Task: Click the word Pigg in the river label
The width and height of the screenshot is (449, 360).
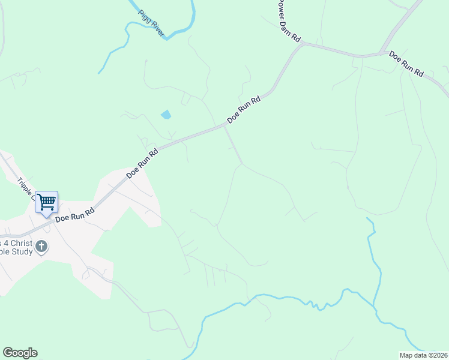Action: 144,15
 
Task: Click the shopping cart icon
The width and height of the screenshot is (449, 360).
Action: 46,202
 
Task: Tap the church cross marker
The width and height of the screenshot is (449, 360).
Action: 41,247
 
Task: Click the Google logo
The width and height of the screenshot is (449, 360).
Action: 20,353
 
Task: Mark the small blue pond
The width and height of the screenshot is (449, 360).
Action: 166,114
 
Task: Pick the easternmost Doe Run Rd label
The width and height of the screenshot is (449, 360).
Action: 406,64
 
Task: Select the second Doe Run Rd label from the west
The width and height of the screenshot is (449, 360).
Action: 142,163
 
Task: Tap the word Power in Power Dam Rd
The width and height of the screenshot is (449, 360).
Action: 280,9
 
